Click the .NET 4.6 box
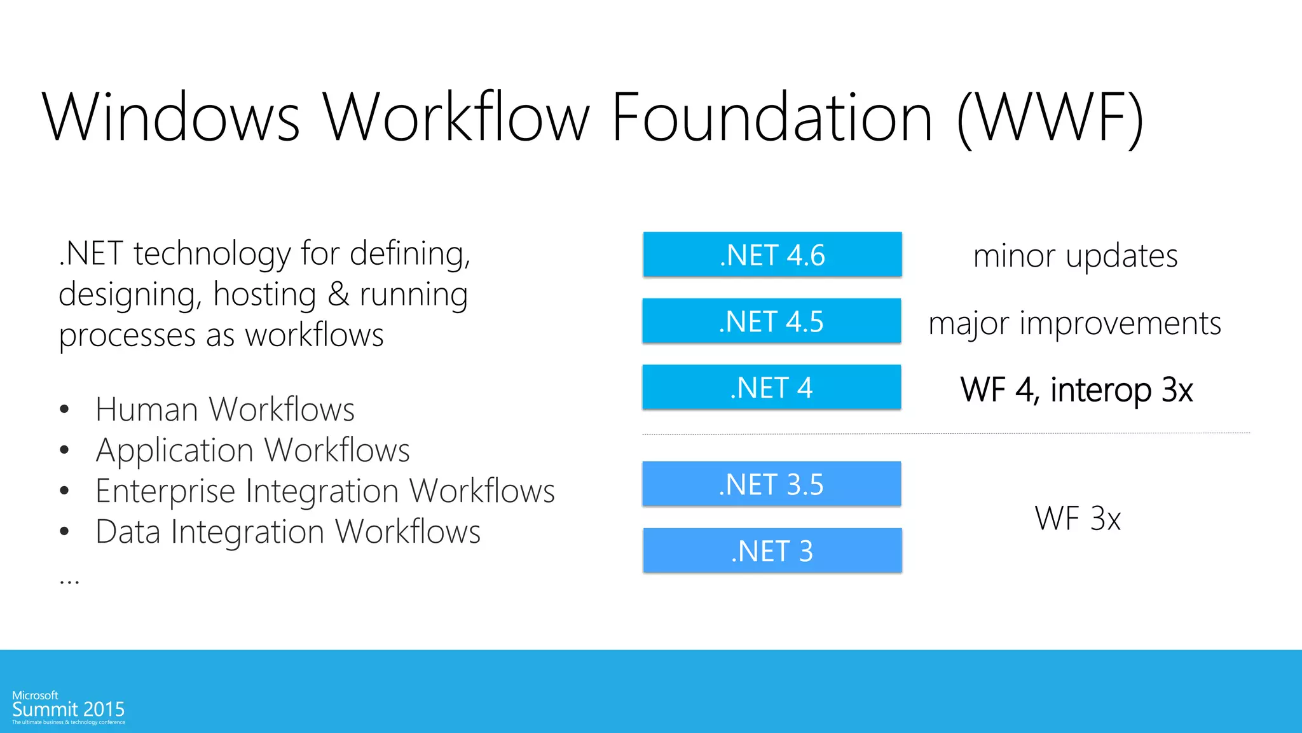pos(772,255)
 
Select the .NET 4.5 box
pos(771,321)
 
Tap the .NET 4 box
pos(771,387)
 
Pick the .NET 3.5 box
pos(771,484)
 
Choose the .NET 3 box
pos(772,550)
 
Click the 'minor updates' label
pos(1075,256)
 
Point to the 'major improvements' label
pos(1074,323)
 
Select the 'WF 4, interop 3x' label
pos(1076,389)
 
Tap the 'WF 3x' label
pos(1078,518)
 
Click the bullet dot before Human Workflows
pos(64,409)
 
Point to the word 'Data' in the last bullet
pos(128,531)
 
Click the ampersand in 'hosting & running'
pos(338,295)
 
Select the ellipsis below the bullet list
pos(69,582)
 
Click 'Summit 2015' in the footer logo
pos(68,709)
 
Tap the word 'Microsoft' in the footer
pos(35,695)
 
